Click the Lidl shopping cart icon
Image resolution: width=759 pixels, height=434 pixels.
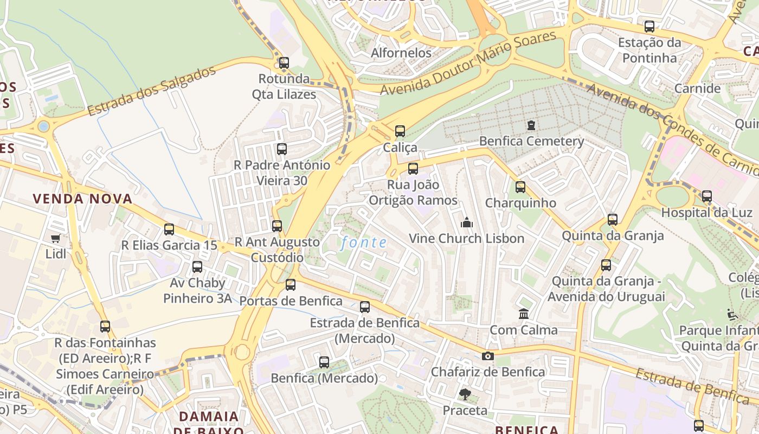tap(55, 238)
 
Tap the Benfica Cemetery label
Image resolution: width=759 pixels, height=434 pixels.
tap(531, 142)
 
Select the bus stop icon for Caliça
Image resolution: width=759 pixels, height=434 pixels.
tap(400, 131)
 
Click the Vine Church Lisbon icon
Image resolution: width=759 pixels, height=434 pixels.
tap(466, 222)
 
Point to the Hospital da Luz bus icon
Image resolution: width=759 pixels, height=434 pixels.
tap(707, 196)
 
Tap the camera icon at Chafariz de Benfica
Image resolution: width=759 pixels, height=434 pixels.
tap(488, 356)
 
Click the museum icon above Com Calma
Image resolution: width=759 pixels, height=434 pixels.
tap(524, 314)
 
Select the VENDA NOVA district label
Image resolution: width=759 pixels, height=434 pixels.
tap(82, 199)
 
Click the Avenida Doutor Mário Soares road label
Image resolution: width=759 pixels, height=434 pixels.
tap(468, 63)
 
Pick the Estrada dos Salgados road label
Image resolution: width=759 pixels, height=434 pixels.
tap(151, 92)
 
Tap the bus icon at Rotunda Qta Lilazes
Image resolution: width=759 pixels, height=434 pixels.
tap(284, 63)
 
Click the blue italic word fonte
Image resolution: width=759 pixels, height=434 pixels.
tap(364, 243)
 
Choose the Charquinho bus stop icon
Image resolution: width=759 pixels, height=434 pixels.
tap(520, 187)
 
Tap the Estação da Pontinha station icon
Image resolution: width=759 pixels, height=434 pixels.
tap(649, 27)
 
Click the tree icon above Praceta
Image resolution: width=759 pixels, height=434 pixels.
tap(465, 394)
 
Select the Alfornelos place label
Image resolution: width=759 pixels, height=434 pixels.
tap(401, 53)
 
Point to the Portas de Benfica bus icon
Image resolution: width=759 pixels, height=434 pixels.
tap(291, 285)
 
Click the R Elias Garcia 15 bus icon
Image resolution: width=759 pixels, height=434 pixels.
tap(169, 229)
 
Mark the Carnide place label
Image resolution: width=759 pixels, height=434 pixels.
tap(697, 88)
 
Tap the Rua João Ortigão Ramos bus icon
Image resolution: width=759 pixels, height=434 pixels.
tap(413, 169)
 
